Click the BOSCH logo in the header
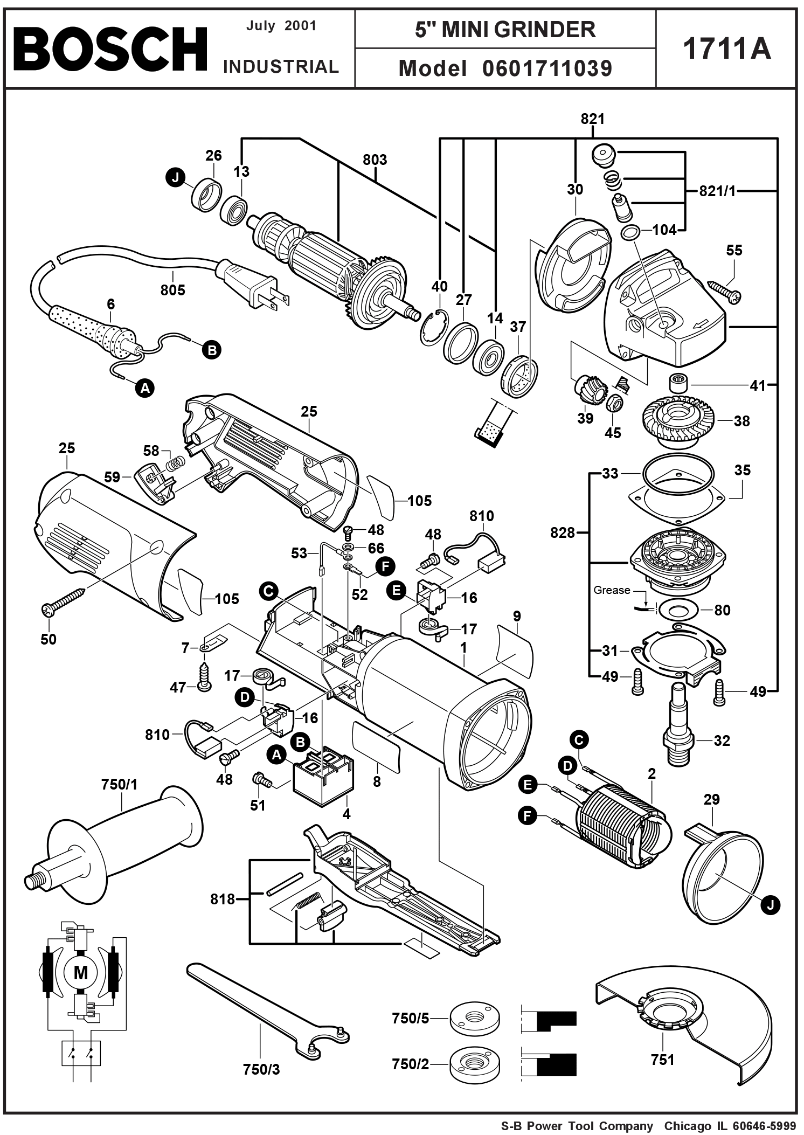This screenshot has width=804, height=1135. [x=110, y=49]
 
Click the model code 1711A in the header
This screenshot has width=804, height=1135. [x=726, y=49]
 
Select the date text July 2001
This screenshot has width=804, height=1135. [x=281, y=26]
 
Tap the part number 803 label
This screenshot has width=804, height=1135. [x=375, y=160]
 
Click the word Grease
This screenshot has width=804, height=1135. [x=612, y=590]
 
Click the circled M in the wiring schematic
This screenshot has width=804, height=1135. [x=80, y=973]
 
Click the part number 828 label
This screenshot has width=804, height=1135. [x=562, y=532]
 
